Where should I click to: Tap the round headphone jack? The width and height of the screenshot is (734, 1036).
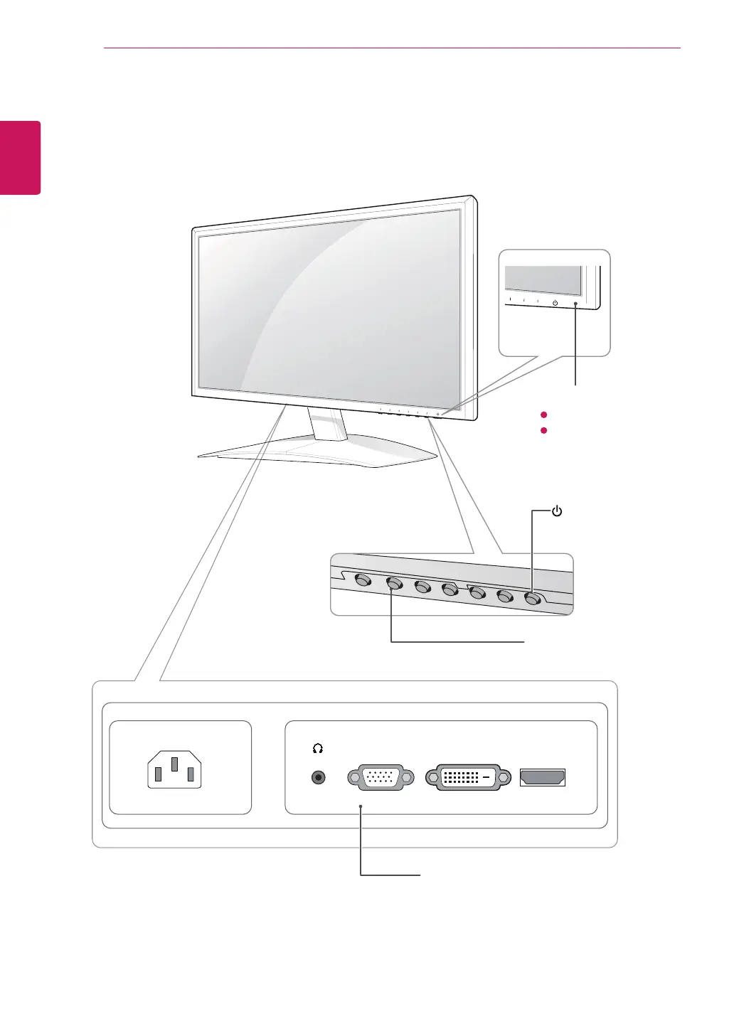pos(319,778)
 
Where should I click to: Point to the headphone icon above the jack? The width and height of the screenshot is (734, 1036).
pos(318,749)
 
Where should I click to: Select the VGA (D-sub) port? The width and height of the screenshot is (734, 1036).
pos(381,778)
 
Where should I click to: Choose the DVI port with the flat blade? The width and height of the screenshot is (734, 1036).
pos(468,778)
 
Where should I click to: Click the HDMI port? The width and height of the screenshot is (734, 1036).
pos(543,778)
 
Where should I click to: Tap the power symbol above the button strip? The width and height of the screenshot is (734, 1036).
pos(557,511)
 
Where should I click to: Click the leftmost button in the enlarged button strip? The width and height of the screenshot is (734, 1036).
pos(362,580)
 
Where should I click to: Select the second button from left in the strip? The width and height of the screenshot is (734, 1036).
pos(393,584)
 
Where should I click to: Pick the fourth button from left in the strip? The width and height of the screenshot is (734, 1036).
pos(450,589)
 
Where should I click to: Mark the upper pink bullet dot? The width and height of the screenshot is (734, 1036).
pos(543,415)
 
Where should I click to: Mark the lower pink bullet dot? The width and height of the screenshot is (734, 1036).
pos(543,431)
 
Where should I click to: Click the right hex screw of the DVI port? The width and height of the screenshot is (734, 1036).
pos(504,778)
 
